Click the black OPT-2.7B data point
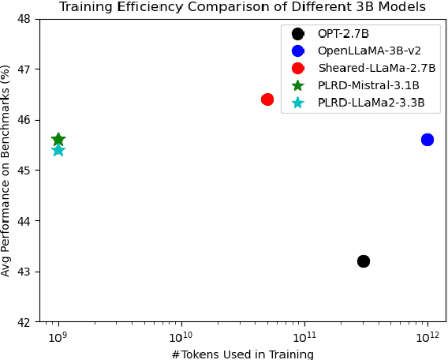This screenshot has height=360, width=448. click(x=364, y=261)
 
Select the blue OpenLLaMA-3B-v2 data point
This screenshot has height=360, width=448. click(x=427, y=140)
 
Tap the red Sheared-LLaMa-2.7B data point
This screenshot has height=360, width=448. click(x=267, y=99)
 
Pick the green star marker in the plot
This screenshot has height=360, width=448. click(x=58, y=140)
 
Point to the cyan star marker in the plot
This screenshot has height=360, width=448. click(x=58, y=150)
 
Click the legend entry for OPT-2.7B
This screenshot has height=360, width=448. click(x=343, y=34)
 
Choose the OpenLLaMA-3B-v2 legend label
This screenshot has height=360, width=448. click(x=369, y=51)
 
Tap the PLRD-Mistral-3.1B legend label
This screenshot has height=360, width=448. click(x=368, y=85)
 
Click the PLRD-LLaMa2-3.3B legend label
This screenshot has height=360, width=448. click(x=371, y=103)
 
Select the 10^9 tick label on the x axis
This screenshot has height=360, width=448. click(x=58, y=337)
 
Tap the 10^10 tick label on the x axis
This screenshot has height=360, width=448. click(x=181, y=337)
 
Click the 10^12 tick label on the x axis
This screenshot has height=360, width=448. click(x=427, y=337)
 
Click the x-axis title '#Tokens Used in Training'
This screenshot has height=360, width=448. click(x=242, y=354)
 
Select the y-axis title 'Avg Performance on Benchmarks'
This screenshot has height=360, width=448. click(x=7, y=170)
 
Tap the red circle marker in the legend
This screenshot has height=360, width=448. click(x=298, y=68)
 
